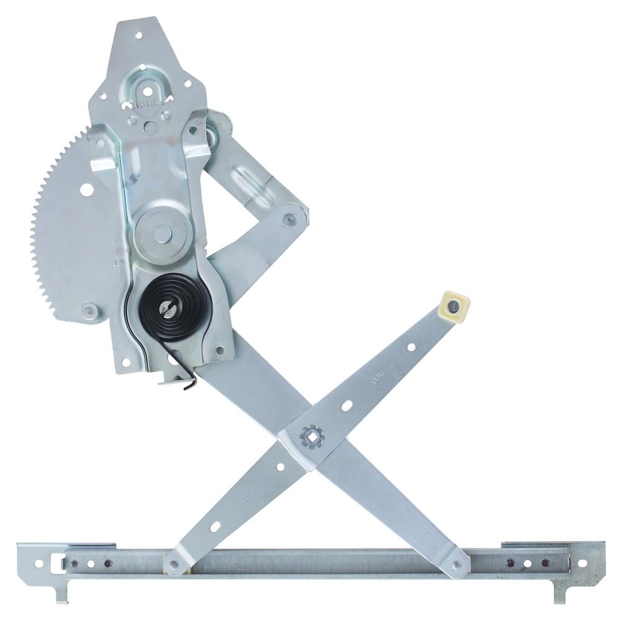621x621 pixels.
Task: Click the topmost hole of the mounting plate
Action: click(x=138, y=36)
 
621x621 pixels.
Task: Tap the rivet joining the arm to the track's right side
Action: click(x=458, y=565)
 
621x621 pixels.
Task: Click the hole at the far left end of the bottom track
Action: click(x=39, y=563)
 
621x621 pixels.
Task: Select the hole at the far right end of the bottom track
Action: click(x=582, y=563)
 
